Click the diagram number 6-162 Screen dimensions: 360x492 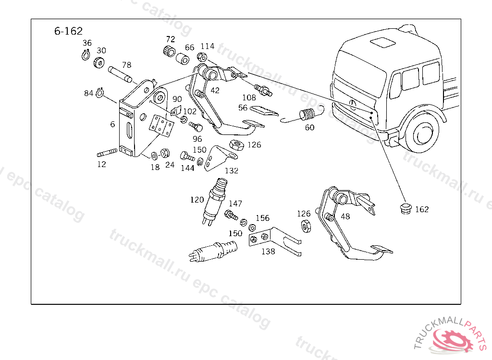click(x=68, y=32)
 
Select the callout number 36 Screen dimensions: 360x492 click(x=87, y=43)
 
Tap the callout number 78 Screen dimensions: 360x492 click(x=126, y=65)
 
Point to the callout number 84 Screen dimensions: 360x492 click(x=88, y=93)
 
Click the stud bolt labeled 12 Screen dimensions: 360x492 click(x=108, y=153)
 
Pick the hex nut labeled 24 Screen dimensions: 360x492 click(x=163, y=154)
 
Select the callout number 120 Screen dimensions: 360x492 click(x=197, y=200)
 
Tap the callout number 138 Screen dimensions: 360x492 click(x=268, y=251)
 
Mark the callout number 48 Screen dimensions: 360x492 click(x=345, y=216)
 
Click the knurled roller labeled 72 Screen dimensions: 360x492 click(x=168, y=52)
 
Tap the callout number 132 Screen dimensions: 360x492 click(x=232, y=170)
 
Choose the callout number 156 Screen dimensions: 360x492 click(x=262, y=218)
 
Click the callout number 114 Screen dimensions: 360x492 click(x=208, y=47)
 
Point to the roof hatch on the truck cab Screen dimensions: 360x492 click(x=382, y=42)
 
